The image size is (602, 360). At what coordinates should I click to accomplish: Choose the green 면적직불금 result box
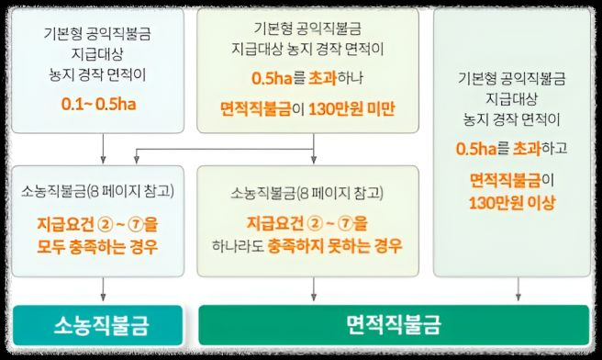coord(394,324)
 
